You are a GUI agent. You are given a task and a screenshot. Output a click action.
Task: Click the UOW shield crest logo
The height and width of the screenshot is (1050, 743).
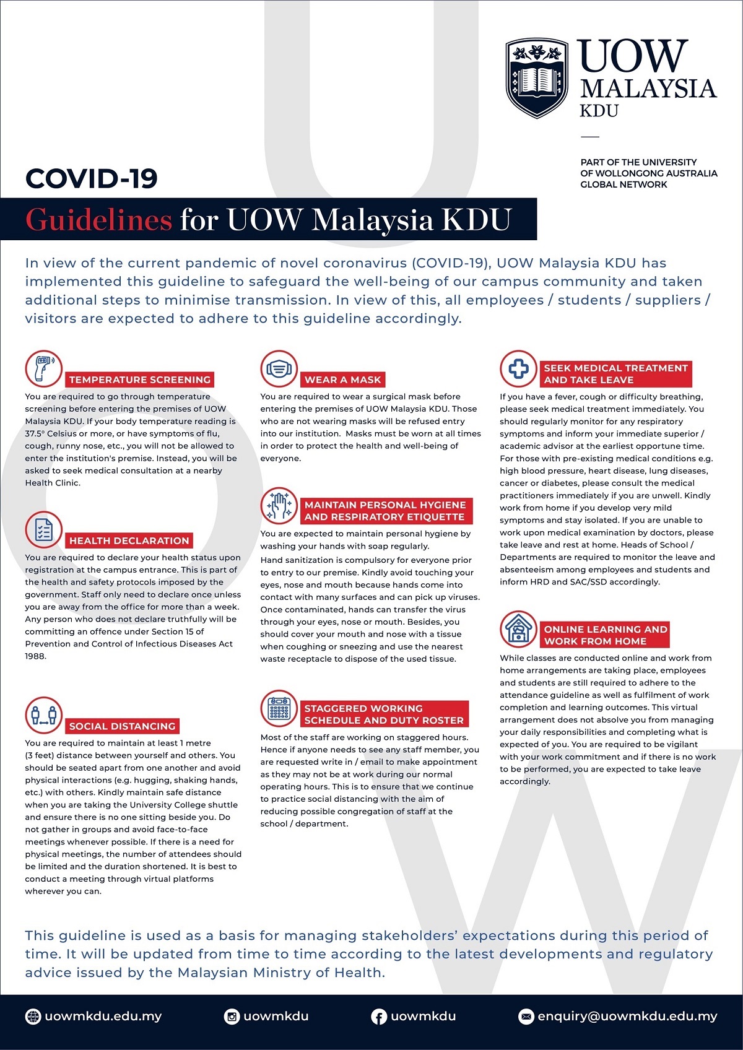click(537, 78)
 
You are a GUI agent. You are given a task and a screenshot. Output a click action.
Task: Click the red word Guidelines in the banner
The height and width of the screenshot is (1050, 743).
click(98, 220)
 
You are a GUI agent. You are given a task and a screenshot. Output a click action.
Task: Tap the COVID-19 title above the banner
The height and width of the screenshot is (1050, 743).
click(92, 179)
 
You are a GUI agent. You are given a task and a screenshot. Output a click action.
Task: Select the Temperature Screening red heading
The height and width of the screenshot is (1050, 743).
click(140, 380)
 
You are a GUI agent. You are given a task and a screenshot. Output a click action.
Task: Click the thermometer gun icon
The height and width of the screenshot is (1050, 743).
click(44, 368)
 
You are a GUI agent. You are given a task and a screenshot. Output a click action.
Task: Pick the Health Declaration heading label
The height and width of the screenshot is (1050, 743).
click(129, 540)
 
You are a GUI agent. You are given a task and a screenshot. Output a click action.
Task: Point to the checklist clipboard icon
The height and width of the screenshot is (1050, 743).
click(44, 530)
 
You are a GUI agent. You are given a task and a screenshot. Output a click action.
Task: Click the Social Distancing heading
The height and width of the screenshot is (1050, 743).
click(122, 726)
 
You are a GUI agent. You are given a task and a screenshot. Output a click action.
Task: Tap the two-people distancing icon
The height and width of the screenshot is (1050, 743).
click(44, 715)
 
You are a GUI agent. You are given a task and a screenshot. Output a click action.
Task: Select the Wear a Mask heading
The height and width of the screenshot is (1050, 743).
click(342, 380)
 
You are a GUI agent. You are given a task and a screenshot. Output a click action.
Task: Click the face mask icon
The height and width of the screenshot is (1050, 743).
click(279, 368)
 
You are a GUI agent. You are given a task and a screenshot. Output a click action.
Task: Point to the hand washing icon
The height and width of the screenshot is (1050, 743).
click(279, 506)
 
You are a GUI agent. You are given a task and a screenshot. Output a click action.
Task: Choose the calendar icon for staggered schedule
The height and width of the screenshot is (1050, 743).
click(279, 709)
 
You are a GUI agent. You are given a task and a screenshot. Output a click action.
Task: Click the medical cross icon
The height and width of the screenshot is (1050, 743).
click(519, 368)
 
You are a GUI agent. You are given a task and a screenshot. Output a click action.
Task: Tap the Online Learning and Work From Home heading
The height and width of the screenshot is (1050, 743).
click(605, 635)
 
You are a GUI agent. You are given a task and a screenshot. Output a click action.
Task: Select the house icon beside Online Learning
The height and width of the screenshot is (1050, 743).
click(519, 630)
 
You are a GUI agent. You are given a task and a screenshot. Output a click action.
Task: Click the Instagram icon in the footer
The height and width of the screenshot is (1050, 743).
click(232, 1016)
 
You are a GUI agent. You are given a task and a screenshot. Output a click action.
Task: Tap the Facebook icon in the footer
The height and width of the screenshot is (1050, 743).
click(378, 1016)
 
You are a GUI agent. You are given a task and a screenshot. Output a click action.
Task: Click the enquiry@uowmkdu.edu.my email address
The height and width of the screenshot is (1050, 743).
click(627, 1016)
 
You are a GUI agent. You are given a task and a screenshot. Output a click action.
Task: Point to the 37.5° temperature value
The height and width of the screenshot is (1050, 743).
click(35, 433)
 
